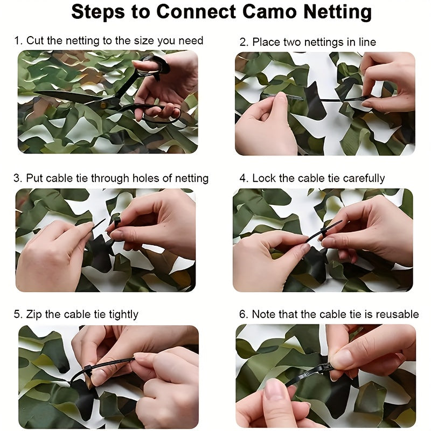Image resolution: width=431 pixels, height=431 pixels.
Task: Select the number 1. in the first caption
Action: click(18, 40)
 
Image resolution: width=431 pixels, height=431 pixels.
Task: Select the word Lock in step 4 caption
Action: click(263, 178)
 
